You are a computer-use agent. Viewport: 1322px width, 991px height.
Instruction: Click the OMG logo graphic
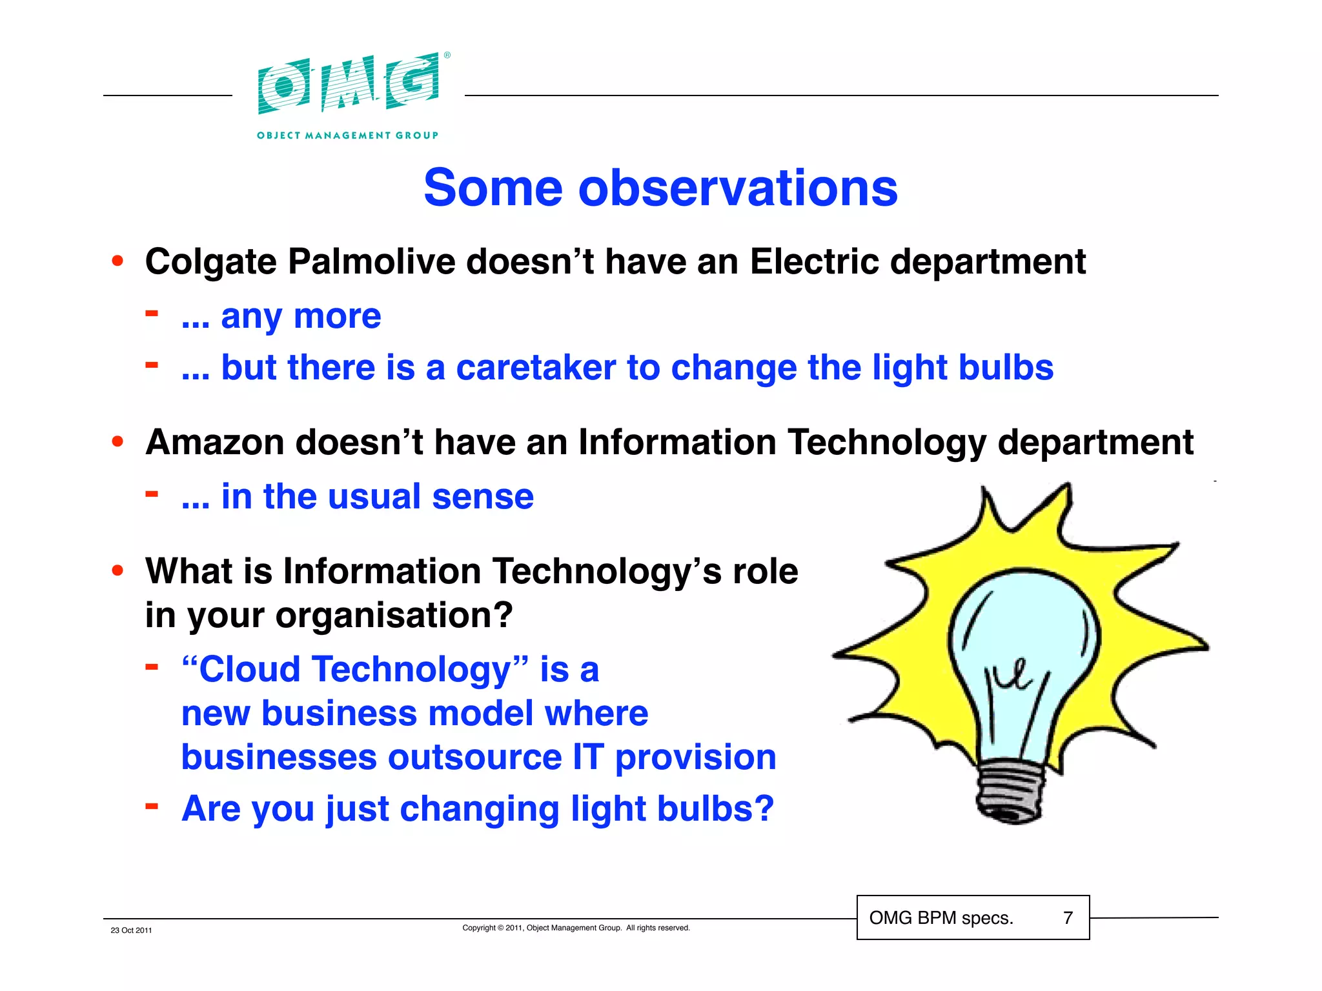[349, 84]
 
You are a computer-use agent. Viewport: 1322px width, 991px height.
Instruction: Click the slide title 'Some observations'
[660, 188]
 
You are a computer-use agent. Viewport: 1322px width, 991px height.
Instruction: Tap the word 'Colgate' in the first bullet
[210, 263]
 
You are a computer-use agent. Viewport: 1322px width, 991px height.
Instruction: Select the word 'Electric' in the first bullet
[814, 262]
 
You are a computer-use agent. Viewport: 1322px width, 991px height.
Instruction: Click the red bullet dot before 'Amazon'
[117, 442]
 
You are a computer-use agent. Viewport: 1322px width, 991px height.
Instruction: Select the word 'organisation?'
[394, 616]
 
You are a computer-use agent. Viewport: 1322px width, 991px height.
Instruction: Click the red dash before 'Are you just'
[152, 806]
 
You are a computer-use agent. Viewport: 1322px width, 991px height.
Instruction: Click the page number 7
[1068, 917]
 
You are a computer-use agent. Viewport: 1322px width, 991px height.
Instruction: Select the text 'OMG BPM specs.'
[941, 917]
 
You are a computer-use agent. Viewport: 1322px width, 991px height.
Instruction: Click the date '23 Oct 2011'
[131, 930]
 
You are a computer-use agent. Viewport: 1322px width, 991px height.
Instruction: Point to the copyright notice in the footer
[576, 928]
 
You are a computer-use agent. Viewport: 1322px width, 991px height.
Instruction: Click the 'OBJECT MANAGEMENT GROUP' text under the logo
[347, 135]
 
